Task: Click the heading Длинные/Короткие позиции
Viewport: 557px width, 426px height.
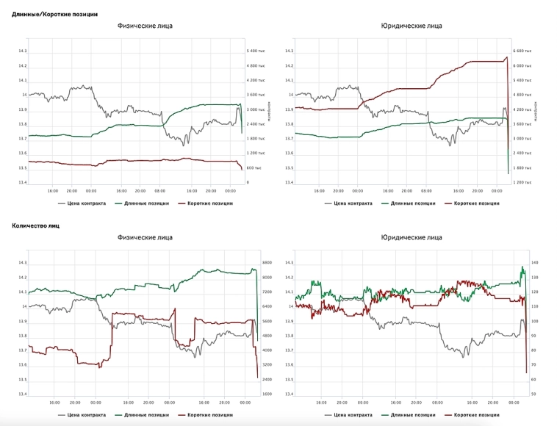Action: [x=55, y=14]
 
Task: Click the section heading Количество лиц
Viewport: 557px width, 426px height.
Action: [x=36, y=225]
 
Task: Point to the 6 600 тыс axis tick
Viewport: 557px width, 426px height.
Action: [x=522, y=51]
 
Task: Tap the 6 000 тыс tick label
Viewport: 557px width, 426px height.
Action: [x=522, y=66]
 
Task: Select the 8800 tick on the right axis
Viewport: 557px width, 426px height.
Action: [x=267, y=263]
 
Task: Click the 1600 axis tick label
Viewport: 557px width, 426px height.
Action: [x=267, y=394]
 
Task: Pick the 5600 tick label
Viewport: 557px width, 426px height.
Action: [x=267, y=322]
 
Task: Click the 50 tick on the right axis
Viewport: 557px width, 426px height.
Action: [x=534, y=394]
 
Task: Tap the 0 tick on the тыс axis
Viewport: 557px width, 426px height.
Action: [x=248, y=182]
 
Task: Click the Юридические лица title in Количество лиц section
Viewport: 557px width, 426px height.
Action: [x=412, y=237]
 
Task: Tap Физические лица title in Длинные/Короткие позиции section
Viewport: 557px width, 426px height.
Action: [x=145, y=26]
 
